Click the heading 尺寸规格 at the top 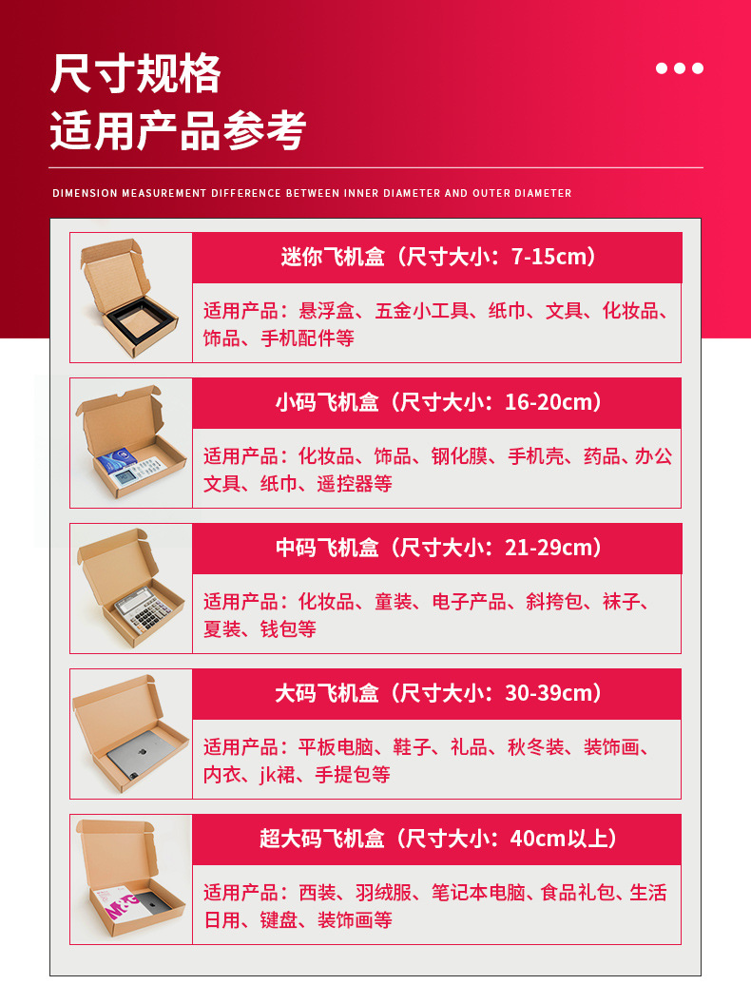[135, 73]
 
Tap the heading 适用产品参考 [178, 131]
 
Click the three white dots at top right [680, 68]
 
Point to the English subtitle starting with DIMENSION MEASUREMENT [312, 193]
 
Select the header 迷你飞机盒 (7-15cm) [437, 257]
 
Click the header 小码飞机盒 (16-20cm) [437, 402]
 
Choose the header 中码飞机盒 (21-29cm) [437, 548]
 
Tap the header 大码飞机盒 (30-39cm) [437, 693]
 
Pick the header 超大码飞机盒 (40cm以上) [437, 839]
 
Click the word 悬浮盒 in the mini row [326, 311]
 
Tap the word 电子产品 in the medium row [469, 602]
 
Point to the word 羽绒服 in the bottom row [383, 893]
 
